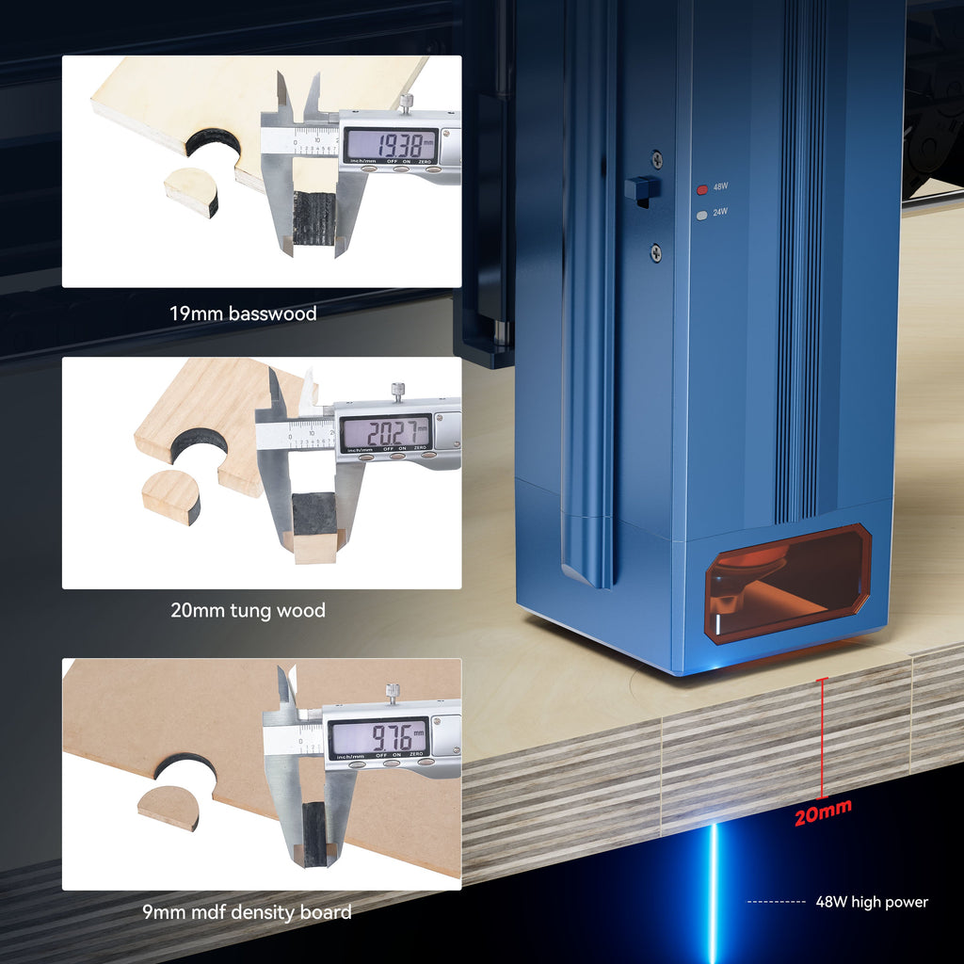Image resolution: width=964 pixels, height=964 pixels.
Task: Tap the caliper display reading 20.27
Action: (x=385, y=433)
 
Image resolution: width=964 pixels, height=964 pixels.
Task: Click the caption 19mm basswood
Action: (x=243, y=313)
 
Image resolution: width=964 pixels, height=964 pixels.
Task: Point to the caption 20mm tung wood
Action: (x=248, y=610)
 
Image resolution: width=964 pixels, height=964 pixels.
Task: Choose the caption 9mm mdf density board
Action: (x=248, y=911)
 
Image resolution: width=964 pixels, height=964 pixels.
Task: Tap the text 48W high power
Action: (x=871, y=902)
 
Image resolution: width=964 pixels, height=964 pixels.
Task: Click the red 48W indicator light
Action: (x=700, y=188)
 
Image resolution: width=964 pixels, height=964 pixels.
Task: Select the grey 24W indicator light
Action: (x=700, y=215)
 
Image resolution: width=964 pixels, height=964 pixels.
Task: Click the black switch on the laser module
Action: (x=640, y=188)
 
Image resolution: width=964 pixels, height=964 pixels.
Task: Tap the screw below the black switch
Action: (x=656, y=251)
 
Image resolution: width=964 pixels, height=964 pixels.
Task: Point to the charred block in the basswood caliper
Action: (x=314, y=217)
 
